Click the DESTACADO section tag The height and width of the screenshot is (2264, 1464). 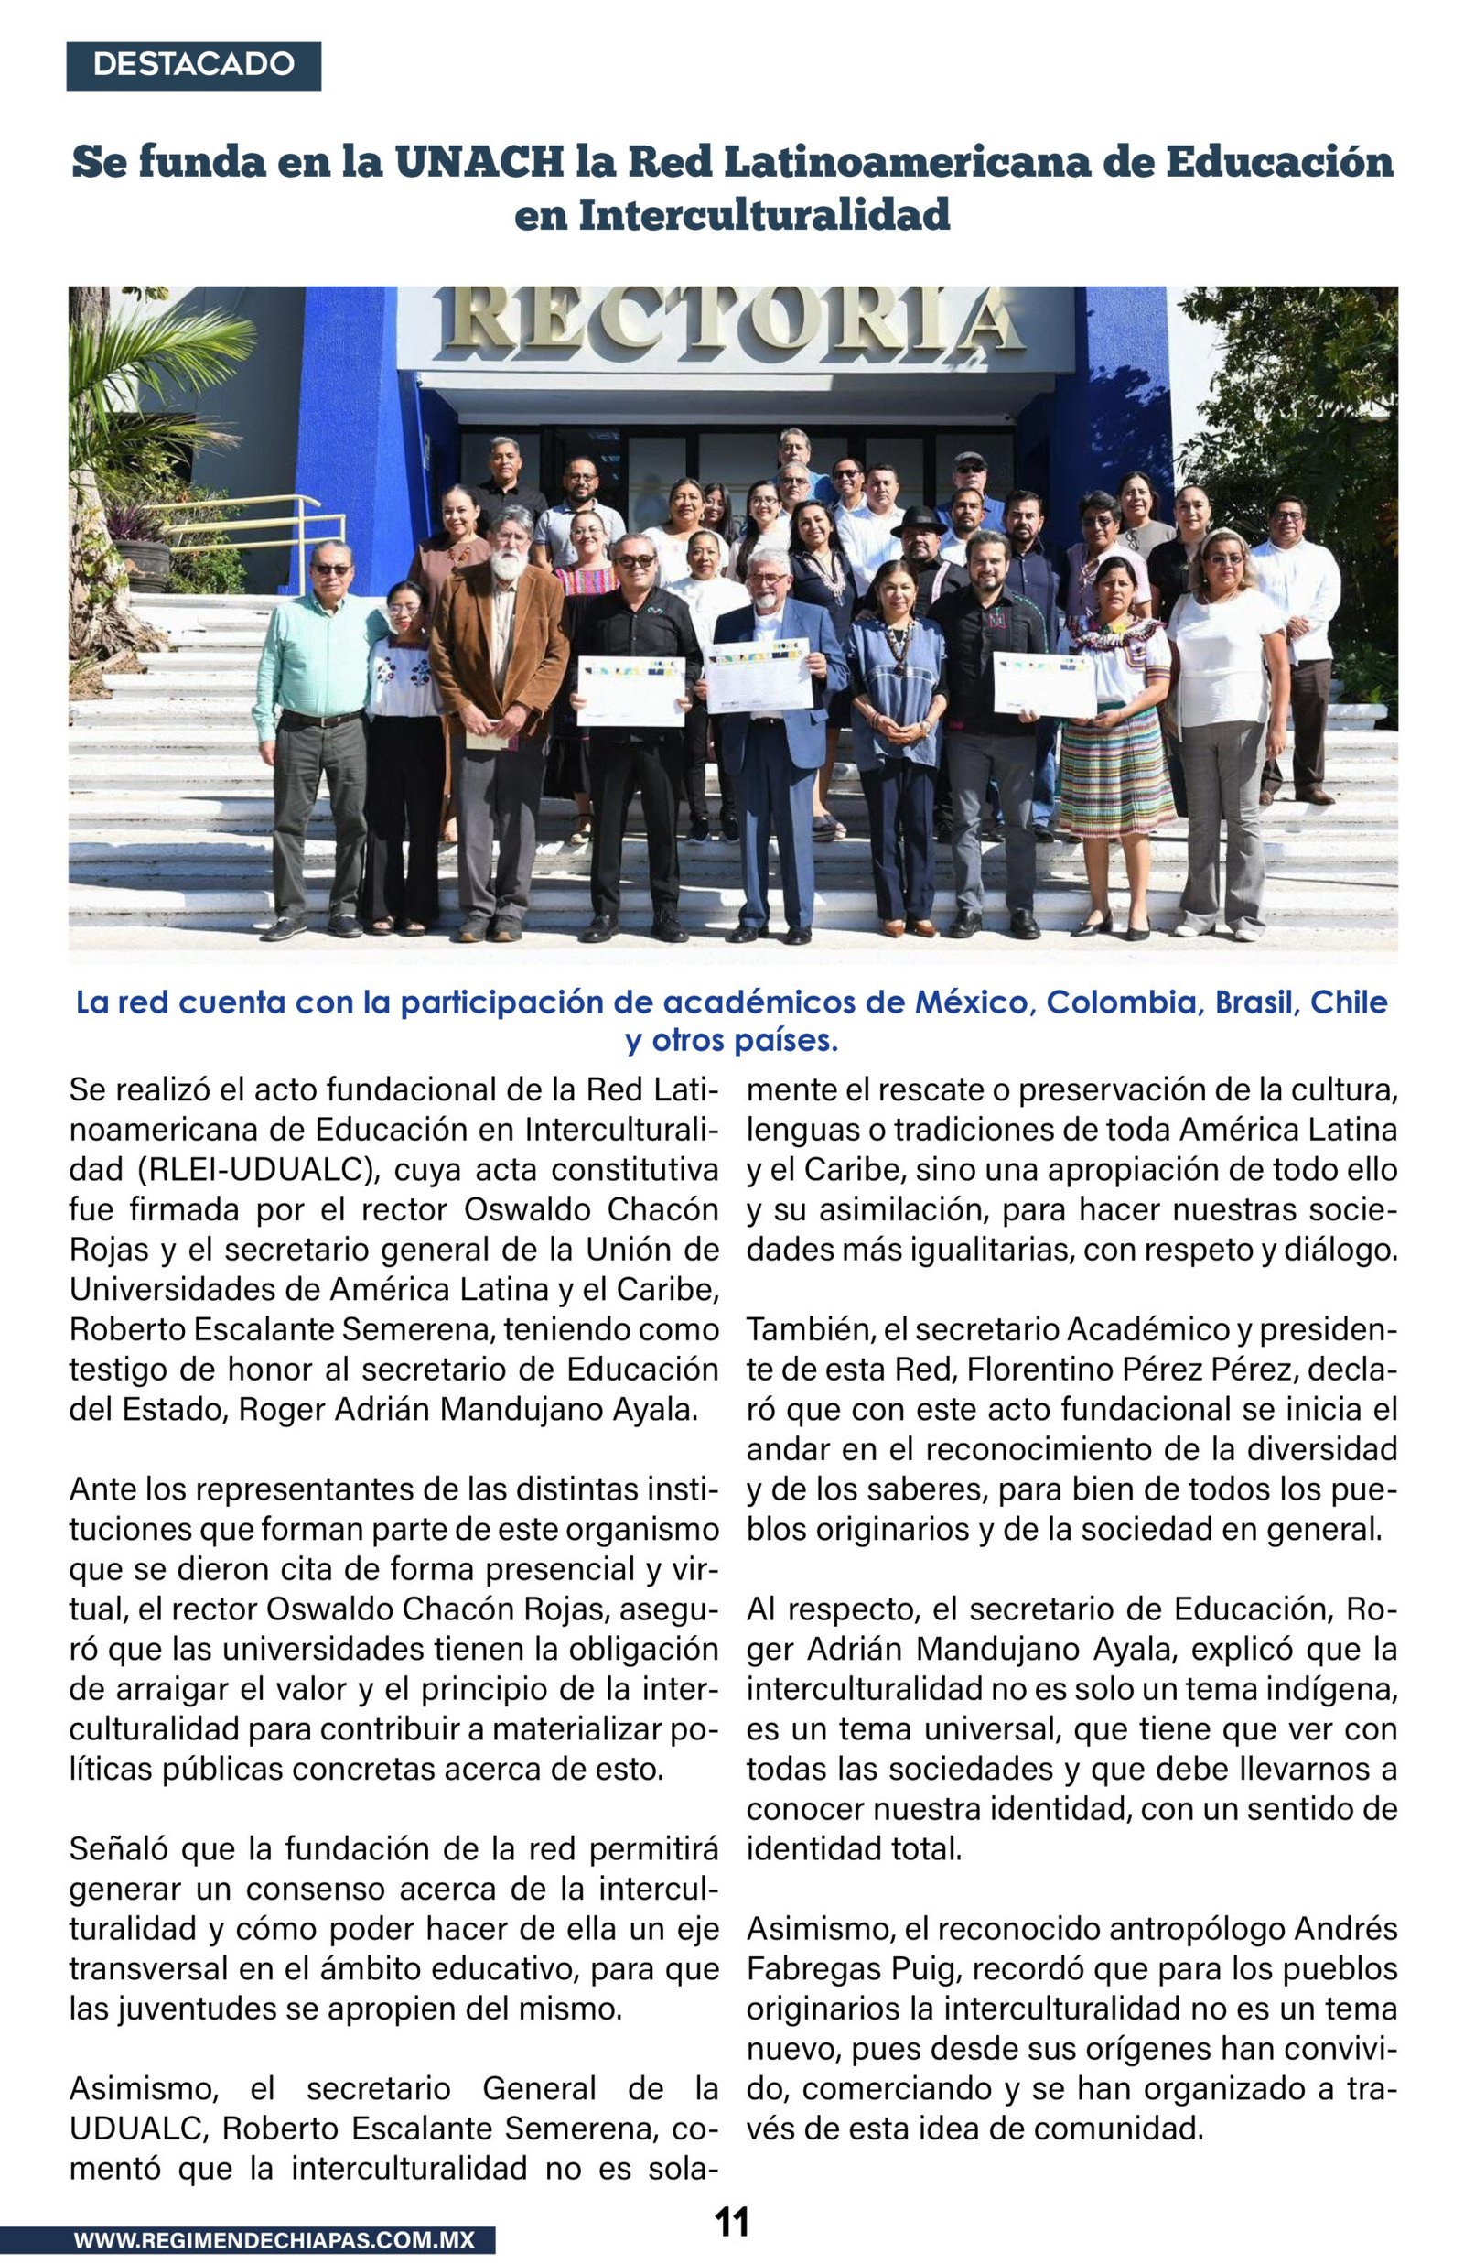193,66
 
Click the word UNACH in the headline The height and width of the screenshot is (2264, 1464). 479,163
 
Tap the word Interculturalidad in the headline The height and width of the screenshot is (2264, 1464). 764,215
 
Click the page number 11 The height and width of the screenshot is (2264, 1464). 731,2221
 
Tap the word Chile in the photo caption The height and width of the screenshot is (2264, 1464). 1349,1002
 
